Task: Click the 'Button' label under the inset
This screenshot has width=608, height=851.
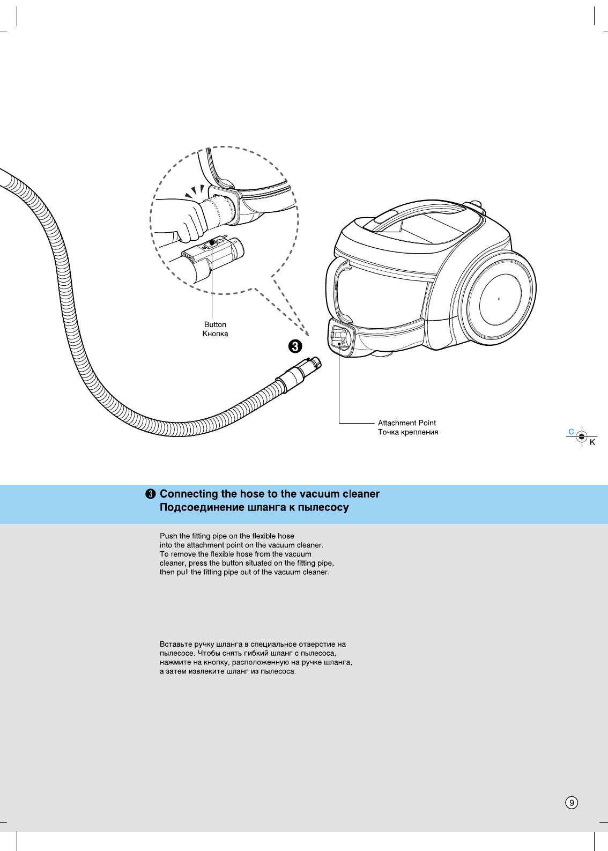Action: [x=215, y=324]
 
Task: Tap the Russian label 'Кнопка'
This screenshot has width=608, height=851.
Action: [x=215, y=334]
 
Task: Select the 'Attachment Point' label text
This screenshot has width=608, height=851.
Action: [x=406, y=423]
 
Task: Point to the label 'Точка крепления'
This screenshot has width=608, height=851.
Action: [x=407, y=432]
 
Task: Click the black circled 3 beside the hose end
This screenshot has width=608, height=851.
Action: [x=295, y=346]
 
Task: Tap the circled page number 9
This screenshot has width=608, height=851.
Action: [x=572, y=802]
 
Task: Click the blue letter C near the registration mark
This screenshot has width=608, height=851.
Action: [x=571, y=432]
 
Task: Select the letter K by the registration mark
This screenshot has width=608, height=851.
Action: [x=592, y=442]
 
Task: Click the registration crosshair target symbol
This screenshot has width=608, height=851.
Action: [x=582, y=437]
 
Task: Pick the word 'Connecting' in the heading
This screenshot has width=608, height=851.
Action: [x=189, y=494]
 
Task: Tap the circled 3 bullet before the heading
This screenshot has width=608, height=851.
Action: [x=151, y=494]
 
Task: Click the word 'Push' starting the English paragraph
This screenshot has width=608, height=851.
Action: [x=168, y=536]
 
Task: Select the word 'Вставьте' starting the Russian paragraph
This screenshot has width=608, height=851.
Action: [x=176, y=644]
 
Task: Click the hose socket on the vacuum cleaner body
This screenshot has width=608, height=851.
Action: [x=340, y=338]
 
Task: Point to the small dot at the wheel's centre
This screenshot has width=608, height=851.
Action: [x=499, y=299]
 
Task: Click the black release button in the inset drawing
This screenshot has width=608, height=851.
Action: [x=212, y=242]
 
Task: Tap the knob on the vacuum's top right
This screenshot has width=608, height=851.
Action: [x=475, y=205]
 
